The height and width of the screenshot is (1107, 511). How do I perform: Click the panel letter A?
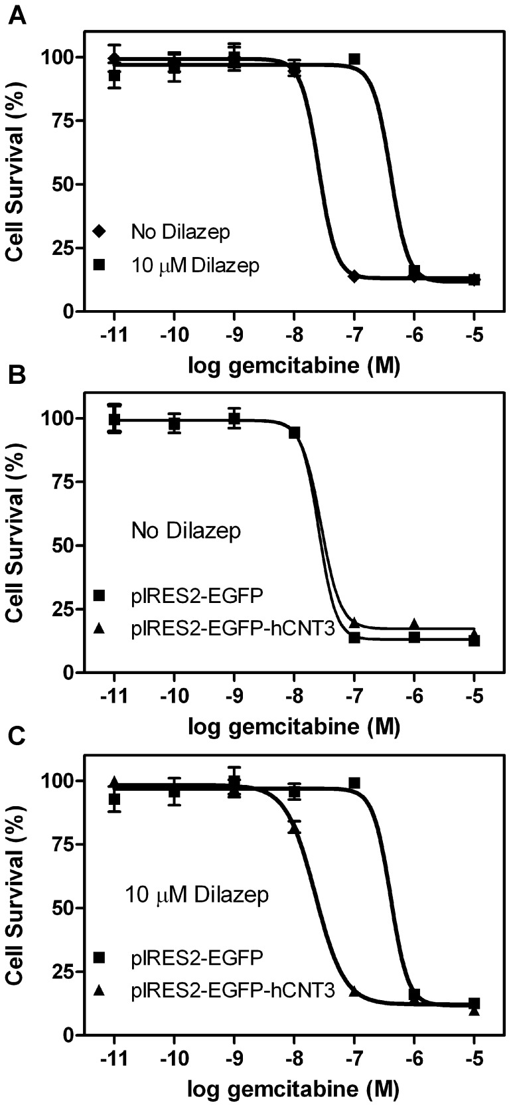(18, 15)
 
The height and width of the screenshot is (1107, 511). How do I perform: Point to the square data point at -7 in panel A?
(354, 59)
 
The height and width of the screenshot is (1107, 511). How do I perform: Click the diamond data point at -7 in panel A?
(354, 276)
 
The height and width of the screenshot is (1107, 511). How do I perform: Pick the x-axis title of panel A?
(295, 365)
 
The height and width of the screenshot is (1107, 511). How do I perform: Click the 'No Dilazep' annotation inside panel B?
(186, 531)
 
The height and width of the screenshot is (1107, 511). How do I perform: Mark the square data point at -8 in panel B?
(295, 433)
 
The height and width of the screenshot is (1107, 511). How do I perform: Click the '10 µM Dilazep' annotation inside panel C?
(197, 894)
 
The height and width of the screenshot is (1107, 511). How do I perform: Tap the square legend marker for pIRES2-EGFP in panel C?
(100, 957)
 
